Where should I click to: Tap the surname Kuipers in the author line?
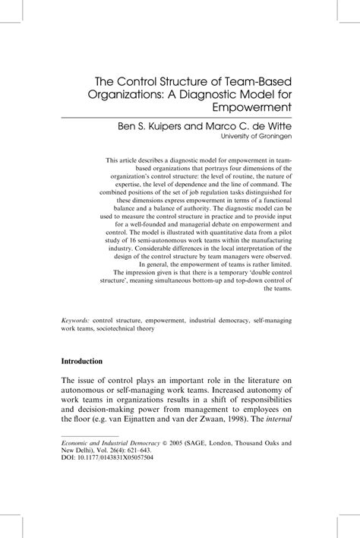pos(189,125)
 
